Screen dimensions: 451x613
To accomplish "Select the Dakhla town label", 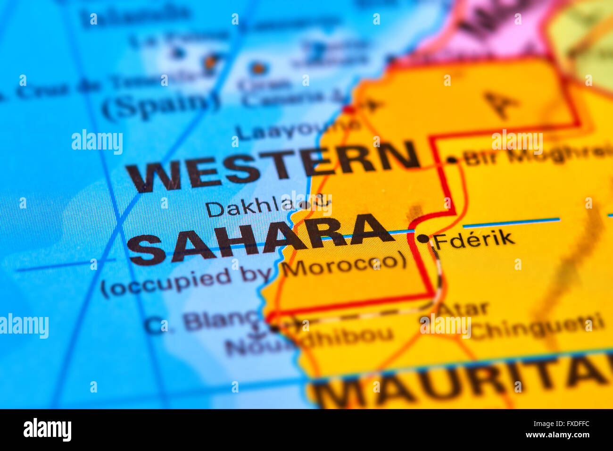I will [250, 208].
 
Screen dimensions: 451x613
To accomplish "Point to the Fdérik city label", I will [474, 240].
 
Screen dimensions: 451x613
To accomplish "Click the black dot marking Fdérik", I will [423, 239].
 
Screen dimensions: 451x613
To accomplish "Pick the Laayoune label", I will [297, 128].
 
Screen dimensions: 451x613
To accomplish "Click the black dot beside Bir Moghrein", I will [452, 160].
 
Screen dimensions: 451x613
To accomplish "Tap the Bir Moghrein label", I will [538, 154].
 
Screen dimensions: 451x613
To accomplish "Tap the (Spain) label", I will [160, 105].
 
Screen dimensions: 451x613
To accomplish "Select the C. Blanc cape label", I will [203, 322].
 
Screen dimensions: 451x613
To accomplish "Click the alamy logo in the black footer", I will [47, 430].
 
